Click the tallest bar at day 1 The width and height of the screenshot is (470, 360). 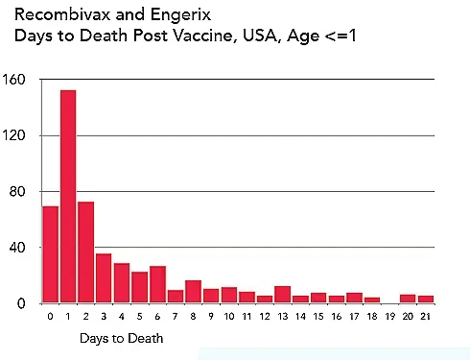click(x=68, y=197)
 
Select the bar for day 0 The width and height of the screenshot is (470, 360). click(x=51, y=254)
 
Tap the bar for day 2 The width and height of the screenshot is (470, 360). click(x=86, y=252)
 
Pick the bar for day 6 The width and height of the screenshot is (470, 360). click(x=157, y=284)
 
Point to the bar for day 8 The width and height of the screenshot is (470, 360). click(x=193, y=292)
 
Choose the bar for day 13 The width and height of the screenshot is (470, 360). click(x=283, y=295)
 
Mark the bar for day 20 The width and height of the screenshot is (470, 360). click(x=408, y=299)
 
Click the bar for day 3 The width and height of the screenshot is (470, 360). click(x=104, y=278)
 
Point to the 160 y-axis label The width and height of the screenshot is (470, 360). click(x=13, y=80)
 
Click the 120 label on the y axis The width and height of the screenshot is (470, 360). click(x=13, y=135)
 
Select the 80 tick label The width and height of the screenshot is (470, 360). click(x=17, y=191)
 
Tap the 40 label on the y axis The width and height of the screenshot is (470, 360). click(x=17, y=248)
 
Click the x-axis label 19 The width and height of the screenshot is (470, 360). click(x=390, y=317)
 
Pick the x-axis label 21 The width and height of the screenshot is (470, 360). click(x=426, y=317)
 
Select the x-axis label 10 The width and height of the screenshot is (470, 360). click(x=229, y=317)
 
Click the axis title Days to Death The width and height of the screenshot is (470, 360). click(x=122, y=338)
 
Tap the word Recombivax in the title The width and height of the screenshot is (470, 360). click(x=63, y=14)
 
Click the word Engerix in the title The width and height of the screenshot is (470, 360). click(x=180, y=15)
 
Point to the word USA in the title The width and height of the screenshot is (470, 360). click(x=261, y=36)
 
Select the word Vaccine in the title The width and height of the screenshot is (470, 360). click(x=203, y=36)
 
